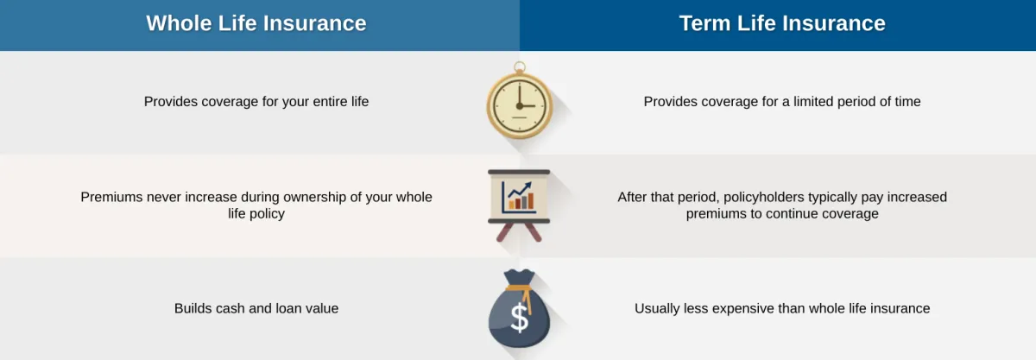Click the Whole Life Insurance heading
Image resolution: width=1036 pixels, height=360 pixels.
tap(256, 23)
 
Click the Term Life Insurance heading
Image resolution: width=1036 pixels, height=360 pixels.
tap(782, 23)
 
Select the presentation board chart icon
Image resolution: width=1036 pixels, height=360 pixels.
tap(519, 205)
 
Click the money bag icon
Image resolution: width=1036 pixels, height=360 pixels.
tap(520, 309)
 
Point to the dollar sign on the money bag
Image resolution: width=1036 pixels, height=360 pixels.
tap(520, 318)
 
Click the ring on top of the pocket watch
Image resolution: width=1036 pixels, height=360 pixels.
tap(520, 67)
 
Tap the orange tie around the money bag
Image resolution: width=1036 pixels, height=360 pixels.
tap(521, 293)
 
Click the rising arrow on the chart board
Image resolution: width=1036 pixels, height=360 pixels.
tap(520, 190)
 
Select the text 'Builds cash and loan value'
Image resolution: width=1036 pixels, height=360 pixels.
tap(256, 309)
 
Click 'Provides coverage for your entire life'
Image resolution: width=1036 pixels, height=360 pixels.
tap(256, 102)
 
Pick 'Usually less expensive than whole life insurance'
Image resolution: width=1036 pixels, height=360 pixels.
tap(782, 309)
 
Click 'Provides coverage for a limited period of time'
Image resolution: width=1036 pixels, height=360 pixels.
tap(782, 102)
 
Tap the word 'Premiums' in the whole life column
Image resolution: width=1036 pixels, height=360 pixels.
tap(111, 197)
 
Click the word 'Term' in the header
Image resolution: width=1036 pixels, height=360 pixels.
tap(704, 23)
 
